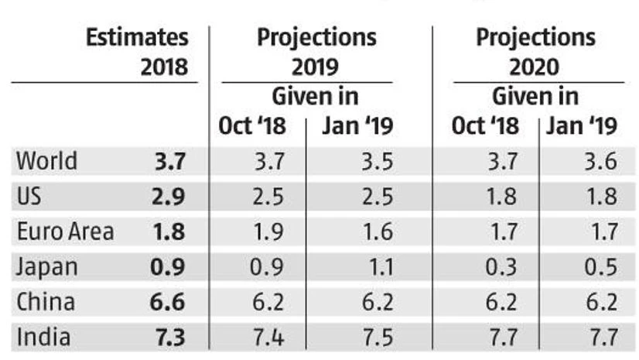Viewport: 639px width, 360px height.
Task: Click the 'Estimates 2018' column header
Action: [x=136, y=51]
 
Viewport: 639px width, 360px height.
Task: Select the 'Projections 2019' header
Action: [x=316, y=51]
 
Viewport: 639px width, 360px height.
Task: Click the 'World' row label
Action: [x=47, y=162]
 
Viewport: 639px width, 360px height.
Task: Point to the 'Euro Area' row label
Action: [x=65, y=231]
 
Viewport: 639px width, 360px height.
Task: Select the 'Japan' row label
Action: [x=47, y=267]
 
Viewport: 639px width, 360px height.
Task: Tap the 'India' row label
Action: [x=43, y=337]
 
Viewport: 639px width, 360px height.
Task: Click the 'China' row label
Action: [x=46, y=302]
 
